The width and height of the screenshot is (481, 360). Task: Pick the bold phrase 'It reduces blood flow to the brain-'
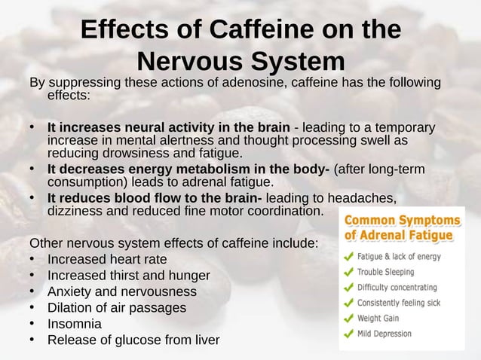click(155, 197)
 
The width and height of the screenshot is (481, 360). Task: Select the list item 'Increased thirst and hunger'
click(129, 276)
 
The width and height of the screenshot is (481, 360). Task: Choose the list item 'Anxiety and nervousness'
click(121, 291)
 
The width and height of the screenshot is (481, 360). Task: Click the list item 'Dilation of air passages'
click(116, 307)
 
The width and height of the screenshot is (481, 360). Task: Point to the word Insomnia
click(74, 324)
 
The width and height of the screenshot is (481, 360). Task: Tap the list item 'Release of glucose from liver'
click(133, 340)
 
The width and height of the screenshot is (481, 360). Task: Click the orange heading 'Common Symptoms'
click(402, 221)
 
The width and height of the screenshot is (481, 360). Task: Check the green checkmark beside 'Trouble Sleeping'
click(348, 271)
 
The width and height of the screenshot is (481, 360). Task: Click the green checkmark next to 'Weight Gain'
click(348, 317)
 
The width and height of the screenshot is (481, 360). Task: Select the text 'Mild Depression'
click(384, 333)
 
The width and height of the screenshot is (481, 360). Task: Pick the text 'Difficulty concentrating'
click(397, 287)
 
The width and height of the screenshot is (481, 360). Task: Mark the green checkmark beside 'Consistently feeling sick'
click(348, 302)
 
